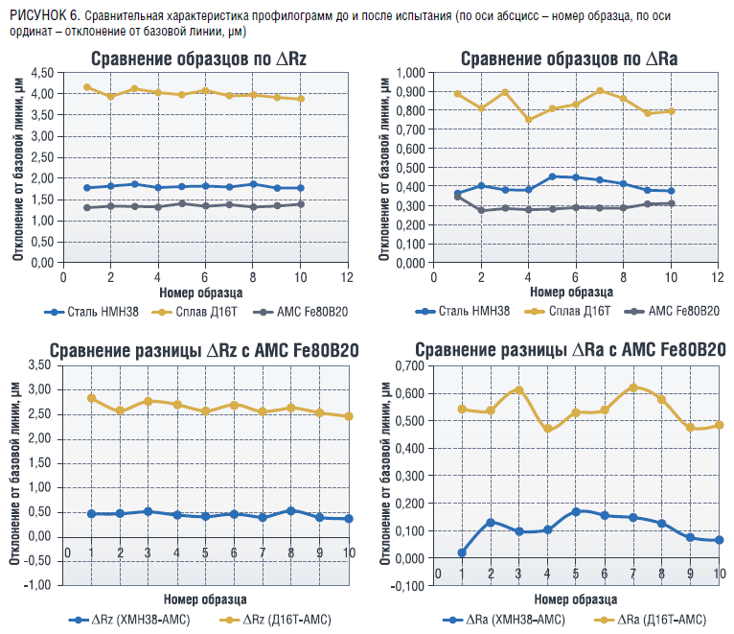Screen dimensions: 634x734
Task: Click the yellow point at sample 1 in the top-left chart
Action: point(87,87)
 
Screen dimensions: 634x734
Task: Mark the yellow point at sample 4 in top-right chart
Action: point(528,120)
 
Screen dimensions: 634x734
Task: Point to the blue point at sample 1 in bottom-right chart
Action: point(462,552)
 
